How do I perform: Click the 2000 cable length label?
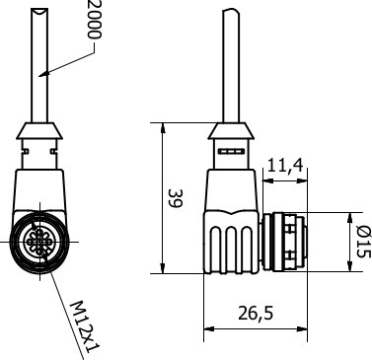(x=95, y=20)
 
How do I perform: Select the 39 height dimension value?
(x=175, y=198)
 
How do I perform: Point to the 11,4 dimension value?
(x=285, y=165)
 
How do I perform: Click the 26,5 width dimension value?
(x=256, y=313)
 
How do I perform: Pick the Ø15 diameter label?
(x=364, y=242)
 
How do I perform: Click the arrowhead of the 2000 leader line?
(x=43, y=74)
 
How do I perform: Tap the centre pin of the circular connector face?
(x=39, y=242)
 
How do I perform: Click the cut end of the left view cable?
(x=39, y=11)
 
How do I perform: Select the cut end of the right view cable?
(x=231, y=11)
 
